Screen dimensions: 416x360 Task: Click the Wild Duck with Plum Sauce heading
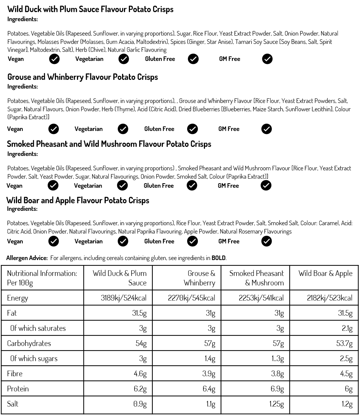pyautogui.click(x=90, y=9)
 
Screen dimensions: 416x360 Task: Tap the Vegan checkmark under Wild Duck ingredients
pyautogui.click(x=54, y=59)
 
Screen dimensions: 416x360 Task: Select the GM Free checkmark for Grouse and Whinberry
pyautogui.click(x=266, y=129)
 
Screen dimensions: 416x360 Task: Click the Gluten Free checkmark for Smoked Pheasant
pyautogui.click(x=192, y=185)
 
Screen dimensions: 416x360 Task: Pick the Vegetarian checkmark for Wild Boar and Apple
pyautogui.click(x=123, y=241)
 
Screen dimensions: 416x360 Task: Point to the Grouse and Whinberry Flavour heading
pyautogui.click(x=83, y=77)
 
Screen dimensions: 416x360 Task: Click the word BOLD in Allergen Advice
pyautogui.click(x=218, y=258)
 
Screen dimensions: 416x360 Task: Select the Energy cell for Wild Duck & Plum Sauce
pyautogui.click(x=124, y=298)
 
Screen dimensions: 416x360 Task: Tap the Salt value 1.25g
pyautogui.click(x=277, y=404)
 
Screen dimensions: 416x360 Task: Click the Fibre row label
pyautogui.click(x=15, y=374)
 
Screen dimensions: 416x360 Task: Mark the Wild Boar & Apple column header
pyautogui.click(x=325, y=273)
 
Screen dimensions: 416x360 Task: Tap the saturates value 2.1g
pyautogui.click(x=347, y=328)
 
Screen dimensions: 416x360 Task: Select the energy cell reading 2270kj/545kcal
pyautogui.click(x=191, y=298)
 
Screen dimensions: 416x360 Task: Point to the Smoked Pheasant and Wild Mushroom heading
pyautogui.click(x=109, y=144)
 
